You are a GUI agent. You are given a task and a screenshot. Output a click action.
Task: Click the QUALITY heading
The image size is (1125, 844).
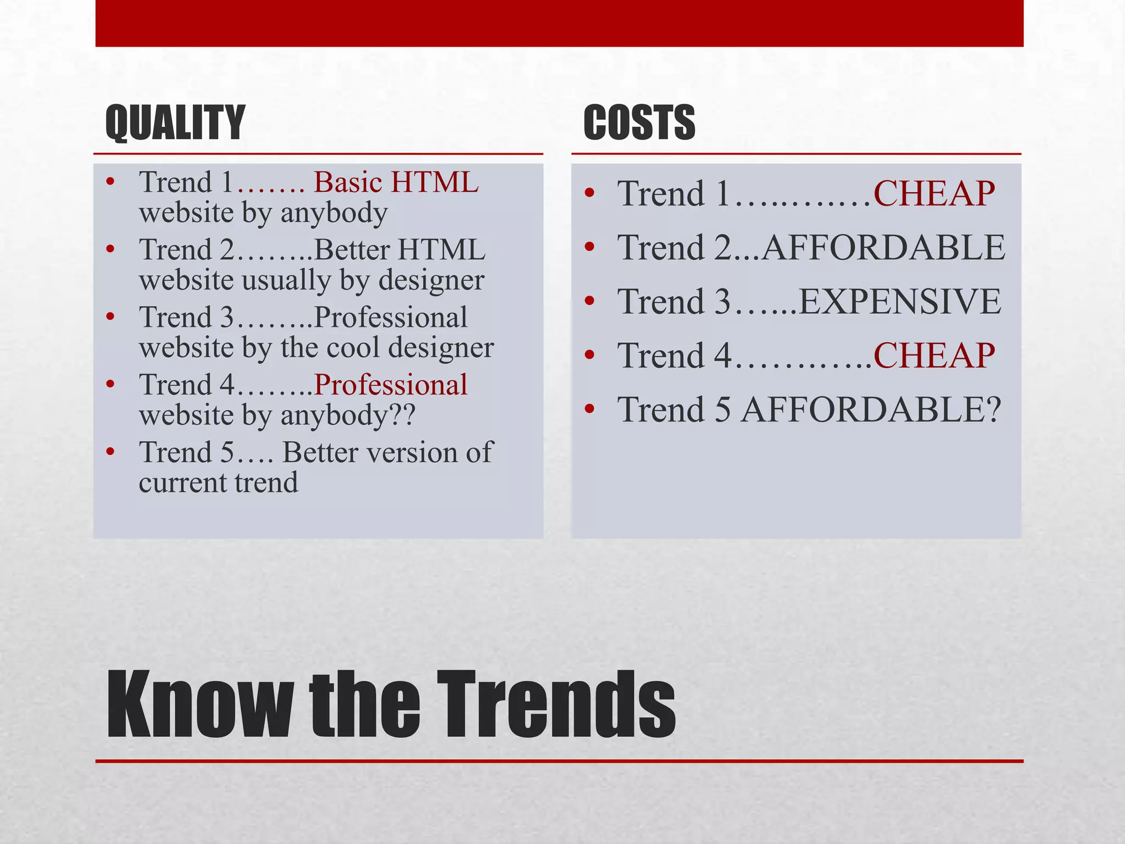click(175, 123)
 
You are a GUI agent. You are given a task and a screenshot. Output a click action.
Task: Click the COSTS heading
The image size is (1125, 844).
click(639, 123)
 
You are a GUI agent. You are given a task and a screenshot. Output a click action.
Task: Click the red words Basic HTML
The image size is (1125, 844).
click(396, 182)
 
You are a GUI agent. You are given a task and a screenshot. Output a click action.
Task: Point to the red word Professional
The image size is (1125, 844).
click(391, 385)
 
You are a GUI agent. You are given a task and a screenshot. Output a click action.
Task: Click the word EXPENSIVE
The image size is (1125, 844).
click(899, 302)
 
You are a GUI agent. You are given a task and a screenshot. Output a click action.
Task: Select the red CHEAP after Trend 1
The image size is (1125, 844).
click(934, 193)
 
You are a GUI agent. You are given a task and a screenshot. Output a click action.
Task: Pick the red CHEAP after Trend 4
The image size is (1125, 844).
click(934, 356)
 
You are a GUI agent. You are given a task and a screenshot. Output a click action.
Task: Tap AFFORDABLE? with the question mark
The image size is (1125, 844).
click(871, 410)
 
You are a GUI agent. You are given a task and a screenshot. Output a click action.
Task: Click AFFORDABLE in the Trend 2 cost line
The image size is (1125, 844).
click(883, 247)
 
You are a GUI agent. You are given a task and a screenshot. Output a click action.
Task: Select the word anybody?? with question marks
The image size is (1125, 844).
click(348, 415)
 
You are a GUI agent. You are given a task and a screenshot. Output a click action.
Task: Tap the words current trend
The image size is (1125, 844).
click(218, 483)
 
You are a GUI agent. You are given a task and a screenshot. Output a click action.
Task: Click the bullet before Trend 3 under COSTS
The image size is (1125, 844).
click(589, 301)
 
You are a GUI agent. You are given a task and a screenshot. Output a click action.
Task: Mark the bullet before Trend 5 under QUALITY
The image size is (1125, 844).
click(110, 452)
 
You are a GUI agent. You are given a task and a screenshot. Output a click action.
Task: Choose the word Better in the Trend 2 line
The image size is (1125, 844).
click(352, 250)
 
